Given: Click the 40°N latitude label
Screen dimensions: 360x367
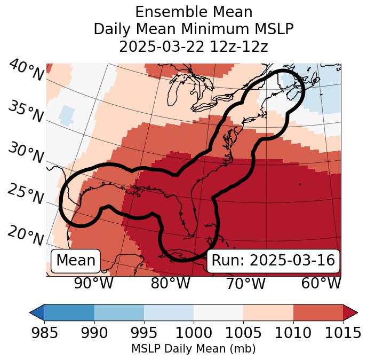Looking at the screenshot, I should (26, 71).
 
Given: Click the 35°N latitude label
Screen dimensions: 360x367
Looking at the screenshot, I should (26, 111).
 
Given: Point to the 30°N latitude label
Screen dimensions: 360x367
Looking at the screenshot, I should (26, 153).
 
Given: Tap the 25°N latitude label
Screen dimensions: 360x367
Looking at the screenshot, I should (26, 194).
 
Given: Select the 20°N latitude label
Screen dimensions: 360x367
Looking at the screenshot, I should (26, 235).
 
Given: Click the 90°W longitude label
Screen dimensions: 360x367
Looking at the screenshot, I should (93, 283).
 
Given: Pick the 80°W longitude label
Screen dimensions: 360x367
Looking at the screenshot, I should (170, 283).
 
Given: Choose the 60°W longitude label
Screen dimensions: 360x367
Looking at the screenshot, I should (321, 283).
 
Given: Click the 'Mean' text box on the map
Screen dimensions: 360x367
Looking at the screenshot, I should (76, 261).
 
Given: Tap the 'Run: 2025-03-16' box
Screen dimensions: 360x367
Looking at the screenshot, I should (273, 261).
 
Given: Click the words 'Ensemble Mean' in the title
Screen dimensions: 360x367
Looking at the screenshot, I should (194, 12).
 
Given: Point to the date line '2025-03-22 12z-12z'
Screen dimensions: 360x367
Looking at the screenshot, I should (194, 46).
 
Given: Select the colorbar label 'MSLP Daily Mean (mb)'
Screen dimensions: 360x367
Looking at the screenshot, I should (194, 349).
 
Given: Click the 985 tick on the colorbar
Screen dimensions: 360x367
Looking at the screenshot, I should (44, 333).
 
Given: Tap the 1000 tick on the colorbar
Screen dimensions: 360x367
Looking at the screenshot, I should (194, 333).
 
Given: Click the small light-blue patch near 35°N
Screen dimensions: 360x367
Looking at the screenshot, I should (67, 115).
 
